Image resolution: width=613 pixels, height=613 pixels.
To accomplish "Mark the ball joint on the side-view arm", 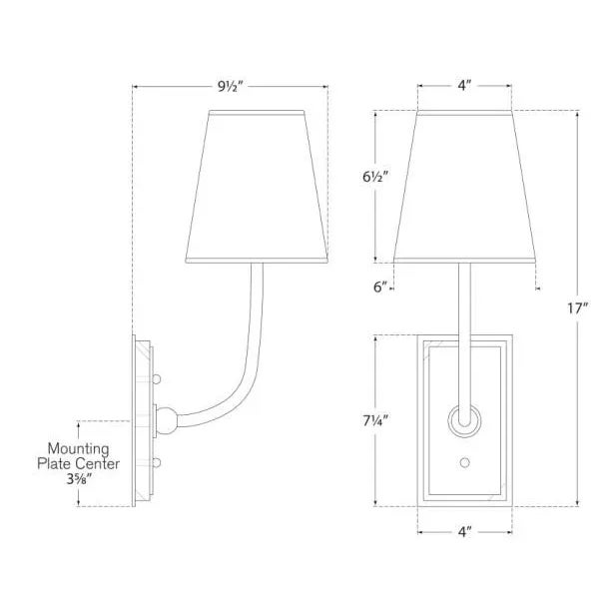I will pos(171,418).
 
